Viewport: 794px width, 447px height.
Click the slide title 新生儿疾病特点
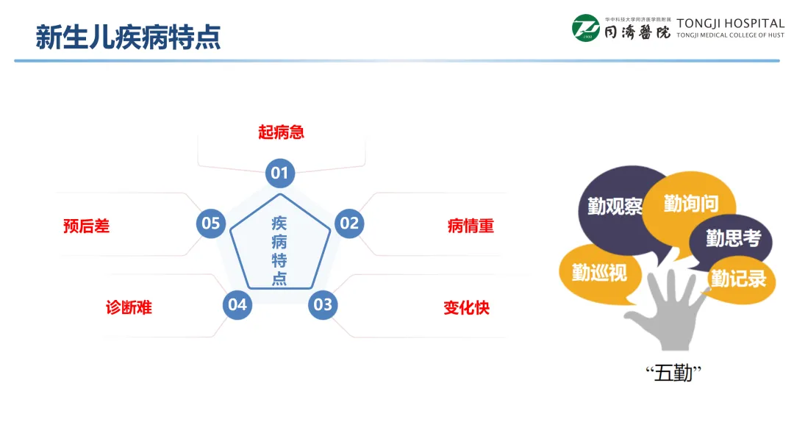(128, 37)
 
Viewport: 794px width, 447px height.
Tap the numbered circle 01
(279, 174)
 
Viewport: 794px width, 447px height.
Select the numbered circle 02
(348, 223)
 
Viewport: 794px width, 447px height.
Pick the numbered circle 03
(322, 304)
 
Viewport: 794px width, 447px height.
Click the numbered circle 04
(237, 304)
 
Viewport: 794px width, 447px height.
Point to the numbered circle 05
(211, 223)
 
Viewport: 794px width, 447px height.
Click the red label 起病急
(281, 132)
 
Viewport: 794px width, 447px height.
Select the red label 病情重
(471, 226)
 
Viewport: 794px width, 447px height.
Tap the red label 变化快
(466, 307)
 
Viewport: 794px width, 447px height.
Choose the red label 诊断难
(129, 307)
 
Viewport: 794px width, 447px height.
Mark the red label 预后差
(86, 226)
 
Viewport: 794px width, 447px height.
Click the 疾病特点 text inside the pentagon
(279, 250)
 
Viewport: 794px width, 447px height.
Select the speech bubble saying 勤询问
(690, 203)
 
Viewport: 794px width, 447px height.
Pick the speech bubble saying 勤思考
(732, 239)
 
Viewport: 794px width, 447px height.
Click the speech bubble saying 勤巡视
(599, 273)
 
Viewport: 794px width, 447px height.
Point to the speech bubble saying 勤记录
(738, 279)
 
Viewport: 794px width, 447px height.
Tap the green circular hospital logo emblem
(586, 28)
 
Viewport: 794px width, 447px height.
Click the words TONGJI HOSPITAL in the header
(730, 23)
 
